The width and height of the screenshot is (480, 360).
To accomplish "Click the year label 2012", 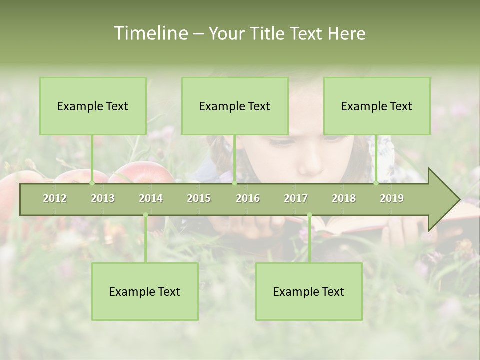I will (55, 198).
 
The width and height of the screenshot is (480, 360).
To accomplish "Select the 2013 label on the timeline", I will (103, 198).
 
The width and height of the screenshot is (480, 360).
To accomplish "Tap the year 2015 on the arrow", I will (199, 198).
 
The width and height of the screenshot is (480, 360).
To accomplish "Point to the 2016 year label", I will (248, 198).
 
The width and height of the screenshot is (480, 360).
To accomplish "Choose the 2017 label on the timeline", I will (296, 198).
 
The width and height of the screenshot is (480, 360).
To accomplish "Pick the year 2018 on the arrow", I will (344, 198).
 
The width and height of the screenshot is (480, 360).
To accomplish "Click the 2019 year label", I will (392, 198).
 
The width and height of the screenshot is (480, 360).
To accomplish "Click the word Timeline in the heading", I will (150, 33).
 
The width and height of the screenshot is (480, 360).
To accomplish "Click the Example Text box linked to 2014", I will (145, 291).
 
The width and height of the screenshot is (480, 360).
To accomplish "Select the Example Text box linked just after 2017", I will (309, 291).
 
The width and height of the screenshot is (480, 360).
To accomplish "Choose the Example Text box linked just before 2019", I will (377, 106).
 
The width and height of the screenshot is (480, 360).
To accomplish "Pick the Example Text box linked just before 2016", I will (235, 106).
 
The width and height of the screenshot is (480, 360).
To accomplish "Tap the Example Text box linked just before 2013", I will (93, 106).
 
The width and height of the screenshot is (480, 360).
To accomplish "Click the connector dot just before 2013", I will (92, 183).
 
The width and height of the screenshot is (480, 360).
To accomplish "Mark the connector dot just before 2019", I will (376, 183).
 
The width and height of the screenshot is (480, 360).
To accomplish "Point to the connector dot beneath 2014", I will (145, 215).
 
